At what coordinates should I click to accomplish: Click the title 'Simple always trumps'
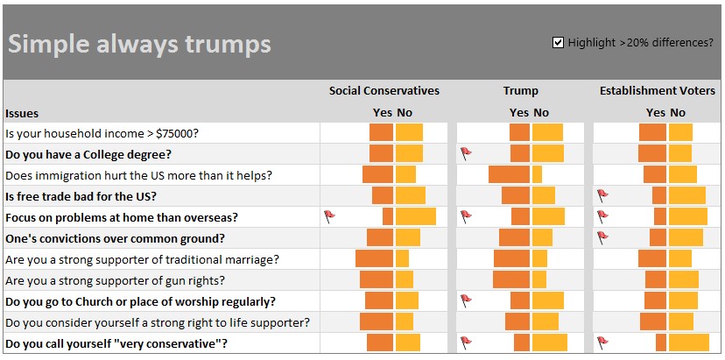139,44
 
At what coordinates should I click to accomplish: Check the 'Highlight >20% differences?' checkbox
558,42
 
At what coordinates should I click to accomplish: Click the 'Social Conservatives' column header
384,90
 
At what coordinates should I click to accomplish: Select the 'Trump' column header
520,90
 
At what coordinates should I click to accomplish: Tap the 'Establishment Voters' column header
657,90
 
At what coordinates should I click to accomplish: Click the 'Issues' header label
22,113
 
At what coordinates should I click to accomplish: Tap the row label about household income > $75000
102,133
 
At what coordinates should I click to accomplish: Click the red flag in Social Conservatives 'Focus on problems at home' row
329,215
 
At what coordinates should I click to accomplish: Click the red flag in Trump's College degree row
466,152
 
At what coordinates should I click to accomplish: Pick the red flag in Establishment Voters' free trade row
602,194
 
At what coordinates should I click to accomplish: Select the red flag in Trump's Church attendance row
466,300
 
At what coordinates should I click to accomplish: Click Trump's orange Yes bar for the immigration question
509,174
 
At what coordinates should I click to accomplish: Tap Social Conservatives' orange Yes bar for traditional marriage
374,259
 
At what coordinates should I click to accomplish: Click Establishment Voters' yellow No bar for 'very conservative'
689,342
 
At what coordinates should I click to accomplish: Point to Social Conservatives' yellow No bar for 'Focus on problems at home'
415,216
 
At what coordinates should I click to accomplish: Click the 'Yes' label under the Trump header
519,113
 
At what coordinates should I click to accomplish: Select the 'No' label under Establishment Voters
678,113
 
